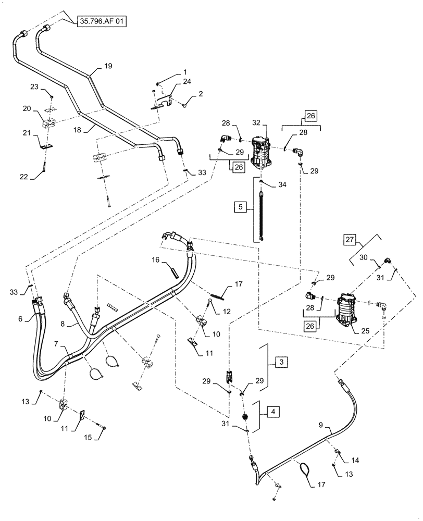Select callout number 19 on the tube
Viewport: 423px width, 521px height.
(108, 67)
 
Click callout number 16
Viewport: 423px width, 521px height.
(155, 259)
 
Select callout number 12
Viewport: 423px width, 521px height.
(226, 312)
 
